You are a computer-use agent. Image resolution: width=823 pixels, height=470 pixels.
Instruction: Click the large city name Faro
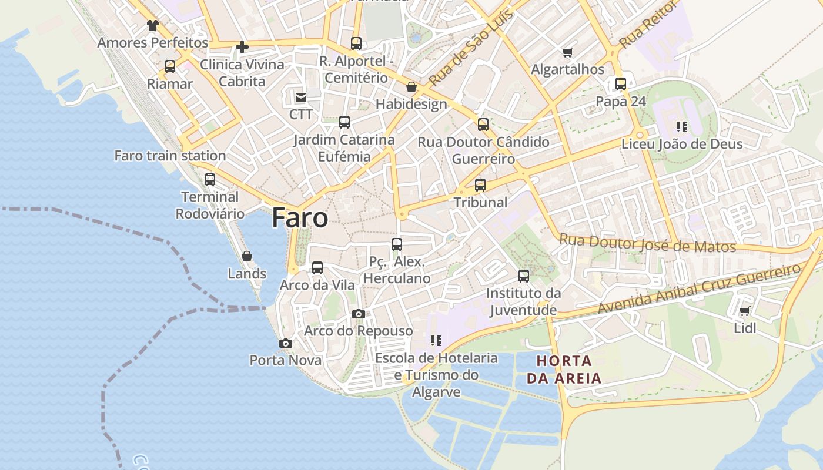pos(300,219)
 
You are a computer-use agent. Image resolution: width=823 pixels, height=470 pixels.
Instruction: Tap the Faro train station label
pos(170,156)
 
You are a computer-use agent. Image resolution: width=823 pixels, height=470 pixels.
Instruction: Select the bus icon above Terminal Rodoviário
pos(210,180)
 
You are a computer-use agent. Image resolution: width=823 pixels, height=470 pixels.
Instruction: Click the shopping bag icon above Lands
pos(247,256)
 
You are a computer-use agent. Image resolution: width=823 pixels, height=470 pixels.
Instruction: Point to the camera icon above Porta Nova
pos(286,343)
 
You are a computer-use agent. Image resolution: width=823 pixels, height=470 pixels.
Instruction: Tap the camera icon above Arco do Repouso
pos(359,314)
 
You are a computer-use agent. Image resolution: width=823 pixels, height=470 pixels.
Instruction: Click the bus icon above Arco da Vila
pos(317,268)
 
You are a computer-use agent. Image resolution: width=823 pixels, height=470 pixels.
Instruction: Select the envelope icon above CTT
pos(301,97)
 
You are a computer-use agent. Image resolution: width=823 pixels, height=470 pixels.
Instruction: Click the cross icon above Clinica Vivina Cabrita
pos(242,47)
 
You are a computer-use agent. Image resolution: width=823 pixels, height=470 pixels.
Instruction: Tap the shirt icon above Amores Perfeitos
pos(153,25)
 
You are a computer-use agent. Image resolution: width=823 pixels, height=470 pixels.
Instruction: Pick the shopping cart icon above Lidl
pos(745,311)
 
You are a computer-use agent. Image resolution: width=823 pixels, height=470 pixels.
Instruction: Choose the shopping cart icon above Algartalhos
pos(568,52)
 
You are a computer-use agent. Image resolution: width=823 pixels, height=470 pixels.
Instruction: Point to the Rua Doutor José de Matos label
pos(647,243)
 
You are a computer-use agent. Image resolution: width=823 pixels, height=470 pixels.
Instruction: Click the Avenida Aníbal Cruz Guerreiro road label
pos(700,288)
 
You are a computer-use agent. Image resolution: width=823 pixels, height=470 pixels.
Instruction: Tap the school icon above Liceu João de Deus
pos(682,126)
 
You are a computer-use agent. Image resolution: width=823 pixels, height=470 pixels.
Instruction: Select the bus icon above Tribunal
pos(480,185)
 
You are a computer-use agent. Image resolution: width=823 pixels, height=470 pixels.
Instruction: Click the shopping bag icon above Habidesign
pos(411,87)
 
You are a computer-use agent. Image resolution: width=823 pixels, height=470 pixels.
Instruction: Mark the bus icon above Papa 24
pos(621,84)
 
